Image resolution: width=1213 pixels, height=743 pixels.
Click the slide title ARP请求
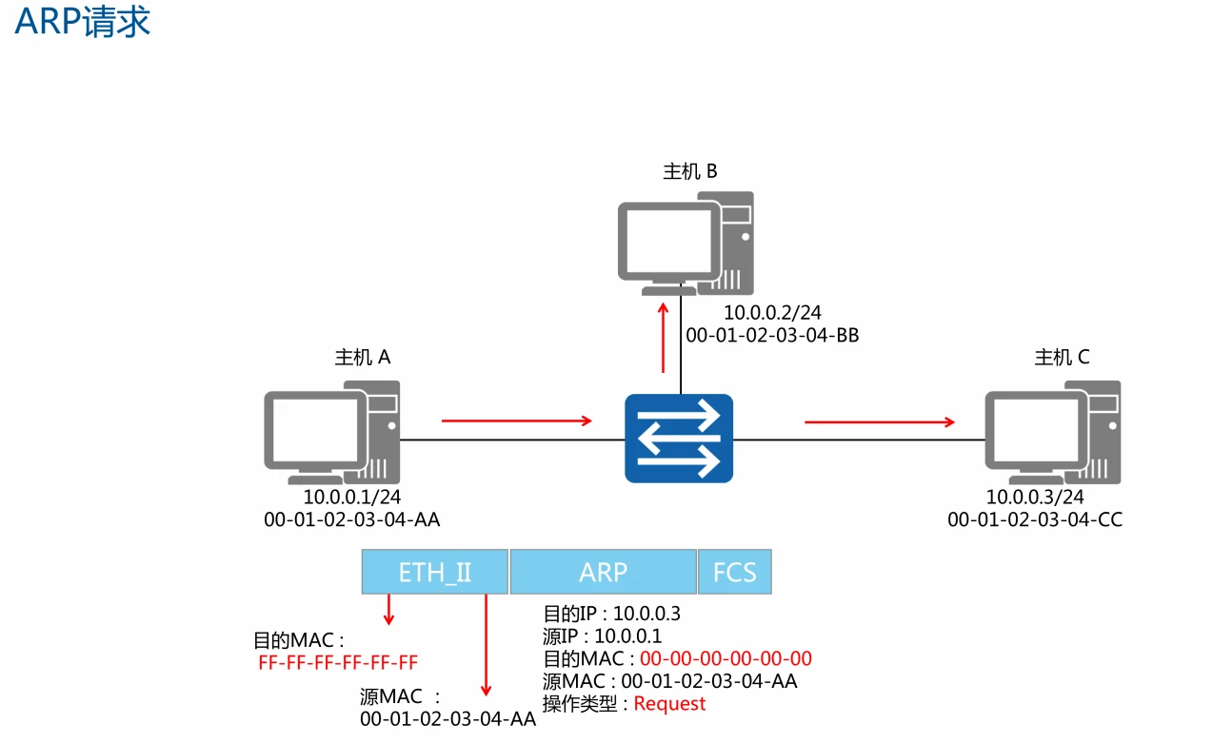pos(83,23)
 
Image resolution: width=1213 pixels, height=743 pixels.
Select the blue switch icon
pos(679,438)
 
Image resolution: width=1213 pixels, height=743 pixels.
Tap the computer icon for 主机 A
pos(331,432)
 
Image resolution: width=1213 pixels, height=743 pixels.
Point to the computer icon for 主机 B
pos(685,244)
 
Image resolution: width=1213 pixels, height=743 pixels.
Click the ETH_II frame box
pos(435,572)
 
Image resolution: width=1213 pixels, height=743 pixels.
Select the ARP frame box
pos(603,572)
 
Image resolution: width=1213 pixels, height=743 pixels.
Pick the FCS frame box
pos(734,572)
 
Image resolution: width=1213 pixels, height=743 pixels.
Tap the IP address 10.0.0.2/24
pos(773,313)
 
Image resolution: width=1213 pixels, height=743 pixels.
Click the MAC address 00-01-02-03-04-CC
pos(1035,519)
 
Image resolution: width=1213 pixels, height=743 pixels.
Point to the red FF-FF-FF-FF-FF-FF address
pos(338,663)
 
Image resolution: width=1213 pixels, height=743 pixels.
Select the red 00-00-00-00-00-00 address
pos(726,658)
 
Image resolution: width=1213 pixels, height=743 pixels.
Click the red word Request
pos(669,704)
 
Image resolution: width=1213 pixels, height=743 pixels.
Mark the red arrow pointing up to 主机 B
pos(664,338)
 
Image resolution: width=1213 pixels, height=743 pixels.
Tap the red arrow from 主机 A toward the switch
pos(516,420)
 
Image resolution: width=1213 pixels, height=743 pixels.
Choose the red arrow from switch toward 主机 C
pos(879,421)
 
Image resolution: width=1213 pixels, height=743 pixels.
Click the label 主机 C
pos(1062,358)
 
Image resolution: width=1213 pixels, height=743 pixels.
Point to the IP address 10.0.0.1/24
pos(353,497)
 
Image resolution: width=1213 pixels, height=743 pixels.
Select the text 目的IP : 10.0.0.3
pos(611,614)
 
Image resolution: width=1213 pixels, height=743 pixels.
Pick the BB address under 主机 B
pos(772,335)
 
